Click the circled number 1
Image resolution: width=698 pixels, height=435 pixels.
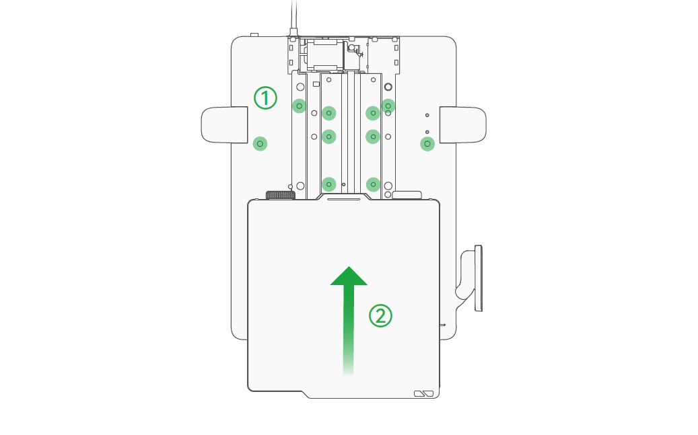point(265,98)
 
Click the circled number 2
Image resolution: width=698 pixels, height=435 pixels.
point(380,316)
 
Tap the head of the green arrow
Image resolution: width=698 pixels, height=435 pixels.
point(349,276)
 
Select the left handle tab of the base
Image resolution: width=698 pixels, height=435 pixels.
point(224,125)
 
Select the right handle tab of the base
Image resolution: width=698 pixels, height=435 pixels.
point(463,125)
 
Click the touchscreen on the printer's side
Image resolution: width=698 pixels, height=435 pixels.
point(478,278)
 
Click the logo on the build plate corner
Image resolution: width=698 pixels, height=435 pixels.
point(424,393)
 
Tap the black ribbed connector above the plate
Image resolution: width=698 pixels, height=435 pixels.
point(281,195)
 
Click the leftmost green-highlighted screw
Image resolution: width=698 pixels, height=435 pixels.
point(260,144)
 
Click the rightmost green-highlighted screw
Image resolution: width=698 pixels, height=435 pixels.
point(427,144)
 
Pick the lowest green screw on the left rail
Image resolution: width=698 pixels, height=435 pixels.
point(329,184)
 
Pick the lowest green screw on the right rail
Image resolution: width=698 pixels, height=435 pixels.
point(373,184)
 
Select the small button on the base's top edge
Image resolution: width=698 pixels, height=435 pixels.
point(254,35)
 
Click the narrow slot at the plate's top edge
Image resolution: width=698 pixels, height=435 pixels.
point(344,199)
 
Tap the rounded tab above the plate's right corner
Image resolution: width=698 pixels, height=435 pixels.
point(407,194)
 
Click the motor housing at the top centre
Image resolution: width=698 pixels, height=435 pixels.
point(325,55)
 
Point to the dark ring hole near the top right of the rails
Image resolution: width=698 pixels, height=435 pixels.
point(388,87)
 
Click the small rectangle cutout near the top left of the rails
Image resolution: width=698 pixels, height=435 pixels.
point(316,83)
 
